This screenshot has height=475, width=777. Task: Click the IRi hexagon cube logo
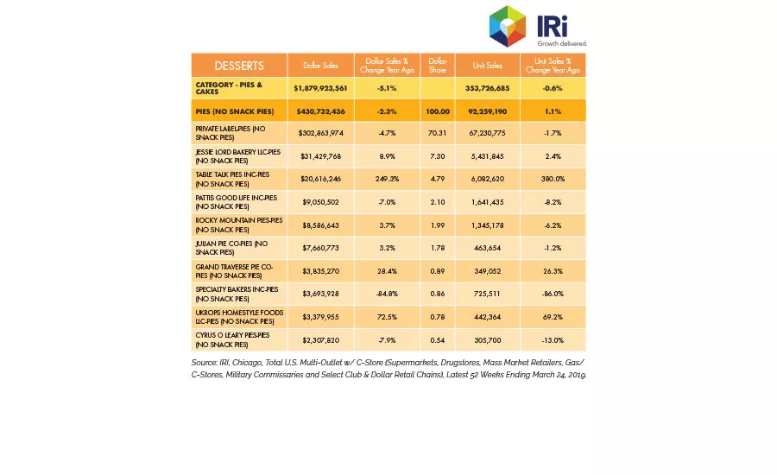coord(508,26)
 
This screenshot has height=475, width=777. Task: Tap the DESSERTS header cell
coord(239,66)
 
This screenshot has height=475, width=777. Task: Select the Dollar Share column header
coord(438,66)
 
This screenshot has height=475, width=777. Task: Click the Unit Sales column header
coord(488,66)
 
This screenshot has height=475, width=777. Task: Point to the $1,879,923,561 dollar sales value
coord(320,88)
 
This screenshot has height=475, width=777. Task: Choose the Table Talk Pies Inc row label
coord(232,179)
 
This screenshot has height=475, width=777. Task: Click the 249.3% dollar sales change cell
coord(387,179)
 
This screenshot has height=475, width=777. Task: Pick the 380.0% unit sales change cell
coord(553,179)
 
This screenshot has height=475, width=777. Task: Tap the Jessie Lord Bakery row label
coord(238,156)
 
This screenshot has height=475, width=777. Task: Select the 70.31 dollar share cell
coord(438,133)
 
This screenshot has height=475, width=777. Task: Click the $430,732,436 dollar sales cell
coord(320,111)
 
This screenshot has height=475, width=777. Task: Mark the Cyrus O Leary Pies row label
coord(232,340)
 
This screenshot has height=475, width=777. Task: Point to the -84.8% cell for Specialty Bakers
coord(387,294)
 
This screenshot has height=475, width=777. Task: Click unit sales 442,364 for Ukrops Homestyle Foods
coord(488,317)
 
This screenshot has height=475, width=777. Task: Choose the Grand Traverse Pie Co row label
coord(234,271)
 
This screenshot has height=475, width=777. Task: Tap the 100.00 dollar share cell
coord(438,111)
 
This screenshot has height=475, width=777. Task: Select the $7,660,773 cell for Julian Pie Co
coord(320,248)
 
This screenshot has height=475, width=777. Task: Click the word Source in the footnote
coord(204,363)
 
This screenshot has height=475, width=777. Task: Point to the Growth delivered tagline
coord(562,44)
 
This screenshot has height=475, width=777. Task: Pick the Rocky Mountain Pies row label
coord(239,225)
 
